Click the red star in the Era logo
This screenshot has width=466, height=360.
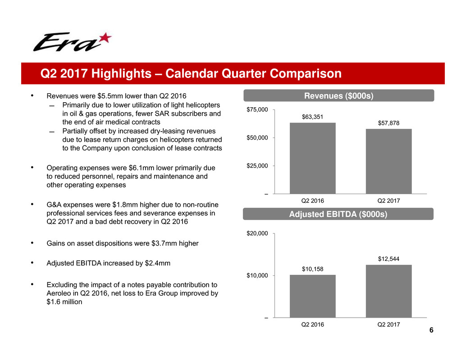point(105,38)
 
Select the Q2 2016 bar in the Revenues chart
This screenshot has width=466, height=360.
point(313,158)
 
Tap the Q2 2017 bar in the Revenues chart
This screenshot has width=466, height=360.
point(389,161)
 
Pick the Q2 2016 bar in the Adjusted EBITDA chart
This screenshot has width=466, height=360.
point(313,296)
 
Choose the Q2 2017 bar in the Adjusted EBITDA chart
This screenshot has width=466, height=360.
point(389,291)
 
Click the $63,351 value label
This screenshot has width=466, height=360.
point(312,117)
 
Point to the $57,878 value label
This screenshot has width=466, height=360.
point(388,123)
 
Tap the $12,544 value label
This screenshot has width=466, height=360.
point(388,259)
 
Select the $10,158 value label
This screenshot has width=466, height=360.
point(312,269)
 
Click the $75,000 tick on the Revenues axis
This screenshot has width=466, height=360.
point(257,109)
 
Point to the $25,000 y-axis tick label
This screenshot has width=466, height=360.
point(257,166)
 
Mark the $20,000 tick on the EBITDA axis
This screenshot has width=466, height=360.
point(257,233)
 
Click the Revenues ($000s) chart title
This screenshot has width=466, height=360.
point(338,96)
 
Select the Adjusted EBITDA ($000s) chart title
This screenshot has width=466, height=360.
point(338,214)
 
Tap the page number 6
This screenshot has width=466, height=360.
point(431,330)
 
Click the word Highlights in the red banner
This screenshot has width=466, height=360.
point(121,73)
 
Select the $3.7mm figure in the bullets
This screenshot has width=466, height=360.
point(164,243)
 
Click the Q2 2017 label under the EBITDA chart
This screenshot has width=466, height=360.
point(388,324)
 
